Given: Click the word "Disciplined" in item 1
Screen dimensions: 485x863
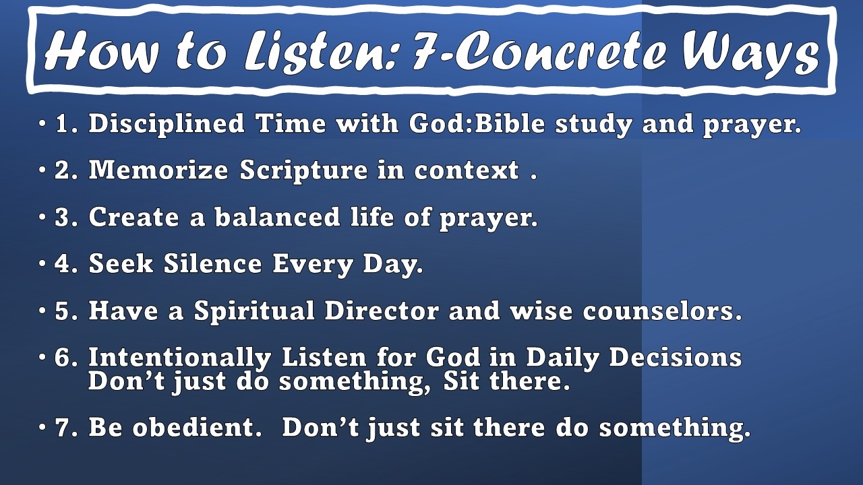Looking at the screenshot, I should click(x=167, y=125).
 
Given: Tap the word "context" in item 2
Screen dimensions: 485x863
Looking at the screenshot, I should click(x=467, y=171).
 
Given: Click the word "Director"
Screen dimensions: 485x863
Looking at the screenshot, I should click(x=382, y=311).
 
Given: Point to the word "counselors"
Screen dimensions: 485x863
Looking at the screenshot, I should click(x=661, y=311).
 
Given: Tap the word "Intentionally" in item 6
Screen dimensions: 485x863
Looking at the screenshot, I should click(x=179, y=358).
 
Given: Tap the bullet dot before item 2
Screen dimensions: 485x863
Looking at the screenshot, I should click(x=42, y=171).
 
